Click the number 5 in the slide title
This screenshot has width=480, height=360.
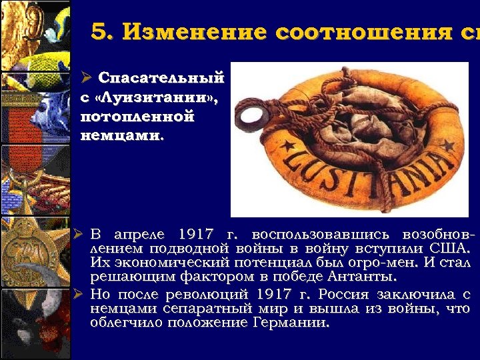99,32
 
